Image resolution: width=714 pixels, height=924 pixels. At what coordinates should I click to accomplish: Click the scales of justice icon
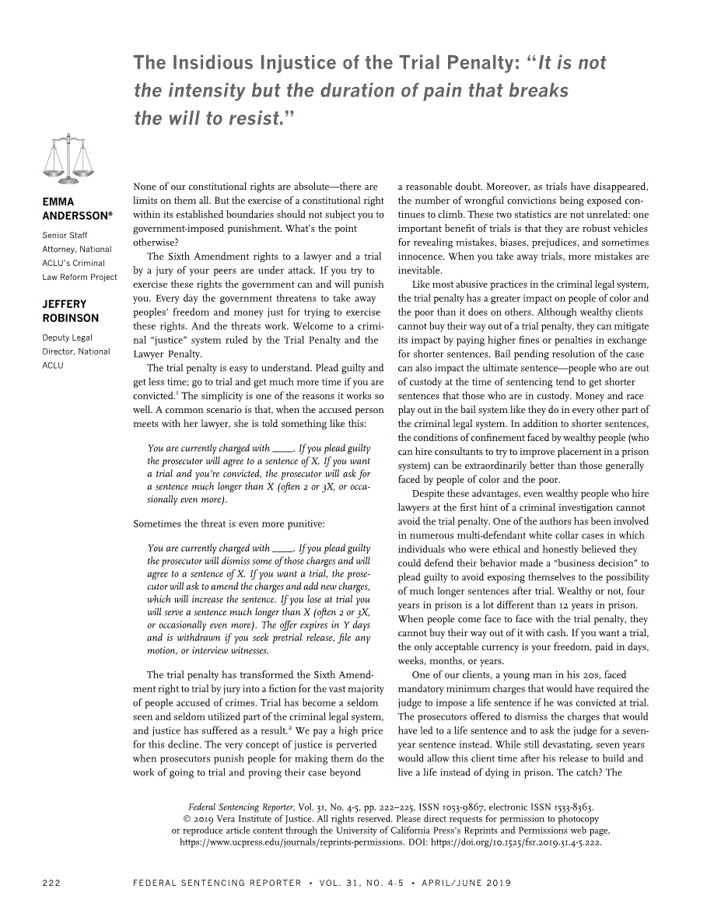(x=68, y=159)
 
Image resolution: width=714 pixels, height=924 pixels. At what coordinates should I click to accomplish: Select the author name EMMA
(x=58, y=202)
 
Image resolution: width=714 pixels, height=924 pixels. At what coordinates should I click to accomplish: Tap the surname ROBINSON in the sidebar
(x=71, y=318)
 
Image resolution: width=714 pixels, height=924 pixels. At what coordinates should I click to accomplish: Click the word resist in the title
(x=250, y=119)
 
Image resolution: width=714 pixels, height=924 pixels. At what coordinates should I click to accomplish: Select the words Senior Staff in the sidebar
(x=65, y=235)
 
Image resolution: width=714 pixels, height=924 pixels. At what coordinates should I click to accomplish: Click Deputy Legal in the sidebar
(x=67, y=338)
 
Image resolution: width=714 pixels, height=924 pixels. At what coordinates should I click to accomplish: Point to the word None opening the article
(x=145, y=187)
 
